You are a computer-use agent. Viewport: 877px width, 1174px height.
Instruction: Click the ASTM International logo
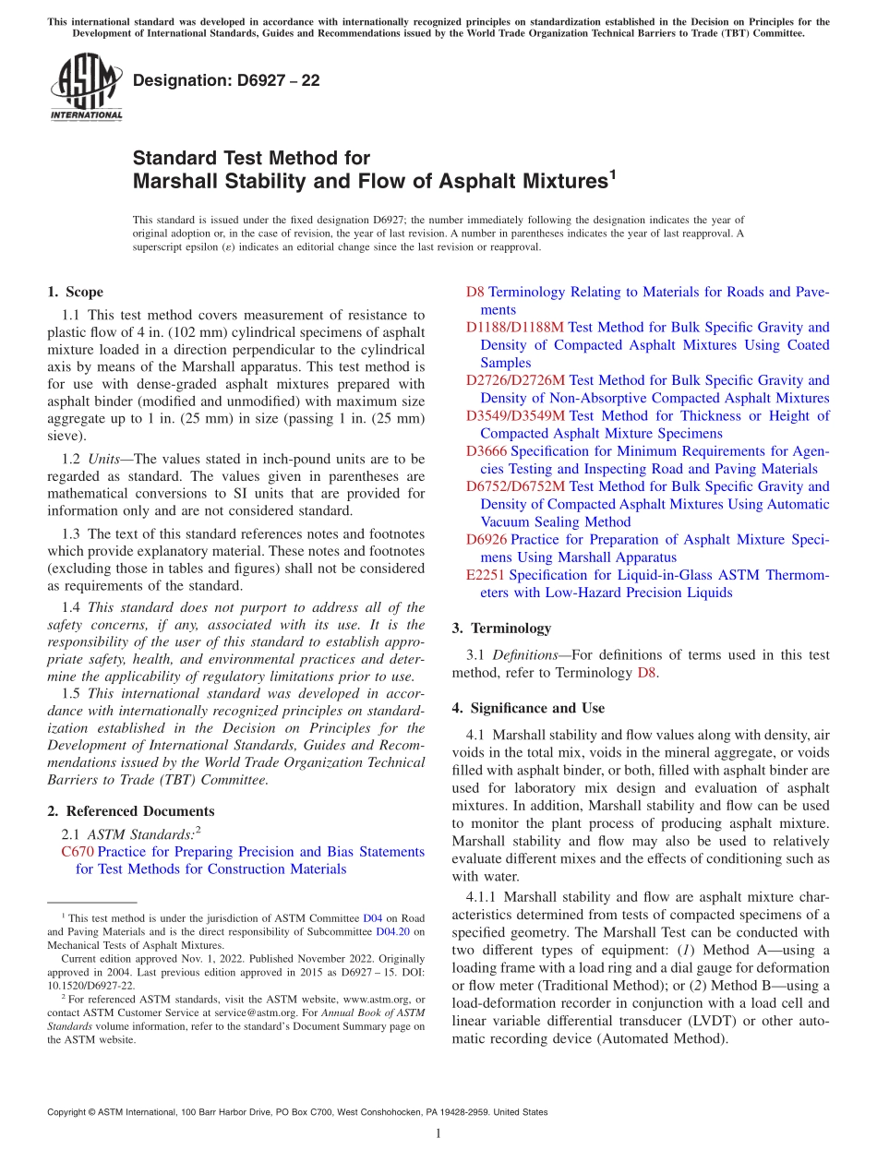point(86,88)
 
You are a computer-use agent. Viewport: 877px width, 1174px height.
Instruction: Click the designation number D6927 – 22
point(226,80)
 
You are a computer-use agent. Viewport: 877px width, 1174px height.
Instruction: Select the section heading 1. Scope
point(75,292)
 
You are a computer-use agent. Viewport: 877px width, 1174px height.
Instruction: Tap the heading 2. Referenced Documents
point(130,811)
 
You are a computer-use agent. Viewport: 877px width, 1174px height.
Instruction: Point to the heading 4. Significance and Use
point(528,708)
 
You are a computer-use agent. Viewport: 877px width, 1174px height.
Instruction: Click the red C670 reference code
point(78,852)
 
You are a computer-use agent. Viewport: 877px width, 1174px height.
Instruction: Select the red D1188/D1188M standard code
point(514,328)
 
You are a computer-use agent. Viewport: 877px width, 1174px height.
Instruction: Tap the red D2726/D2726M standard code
point(515,380)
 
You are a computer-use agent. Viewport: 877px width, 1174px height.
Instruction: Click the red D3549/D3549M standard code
point(515,416)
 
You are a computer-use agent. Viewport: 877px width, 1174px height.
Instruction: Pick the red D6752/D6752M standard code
point(515,486)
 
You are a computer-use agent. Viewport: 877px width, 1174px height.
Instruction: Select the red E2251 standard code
point(485,575)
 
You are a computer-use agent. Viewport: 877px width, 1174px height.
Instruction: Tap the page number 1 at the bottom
point(438,1133)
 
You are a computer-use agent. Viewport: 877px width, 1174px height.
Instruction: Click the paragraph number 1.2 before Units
point(71,459)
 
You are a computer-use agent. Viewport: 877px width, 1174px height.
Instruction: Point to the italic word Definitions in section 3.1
point(524,654)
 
